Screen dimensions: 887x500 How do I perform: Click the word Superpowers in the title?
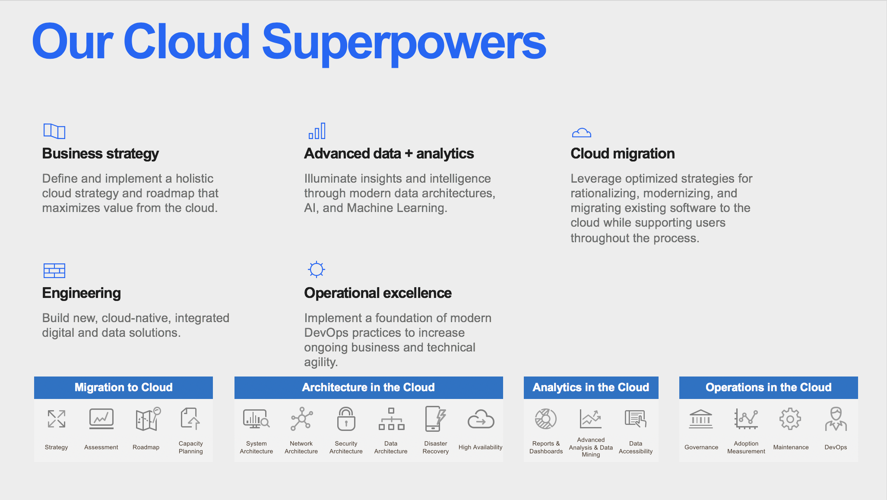coord(404,43)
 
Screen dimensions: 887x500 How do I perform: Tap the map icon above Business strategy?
coord(54,131)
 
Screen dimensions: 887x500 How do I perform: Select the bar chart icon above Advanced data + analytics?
coord(317,131)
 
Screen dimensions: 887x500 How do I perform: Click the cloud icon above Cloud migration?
coord(581,133)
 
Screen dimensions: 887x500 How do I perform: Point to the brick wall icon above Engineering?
coord(54,271)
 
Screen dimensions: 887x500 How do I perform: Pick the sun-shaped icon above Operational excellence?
coord(317,269)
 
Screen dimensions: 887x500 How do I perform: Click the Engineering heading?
coord(82,293)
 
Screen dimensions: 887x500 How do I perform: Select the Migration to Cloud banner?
coord(124,387)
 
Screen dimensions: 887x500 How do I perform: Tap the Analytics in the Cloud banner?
coord(591,387)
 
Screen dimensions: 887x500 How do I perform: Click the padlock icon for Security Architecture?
coord(346,419)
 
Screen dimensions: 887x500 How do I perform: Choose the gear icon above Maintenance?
coord(790,419)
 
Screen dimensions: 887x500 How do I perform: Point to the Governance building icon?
coord(701,419)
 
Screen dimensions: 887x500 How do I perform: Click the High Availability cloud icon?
coord(481,419)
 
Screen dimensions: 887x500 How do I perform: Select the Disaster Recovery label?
coord(436,447)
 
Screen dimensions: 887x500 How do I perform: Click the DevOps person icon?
coord(836,419)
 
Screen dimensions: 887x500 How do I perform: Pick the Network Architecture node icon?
coord(301,419)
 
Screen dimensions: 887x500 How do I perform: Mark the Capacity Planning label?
coord(191,447)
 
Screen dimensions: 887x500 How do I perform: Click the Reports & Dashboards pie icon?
coord(546,419)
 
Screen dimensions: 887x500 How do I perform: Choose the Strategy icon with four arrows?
coord(57,419)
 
